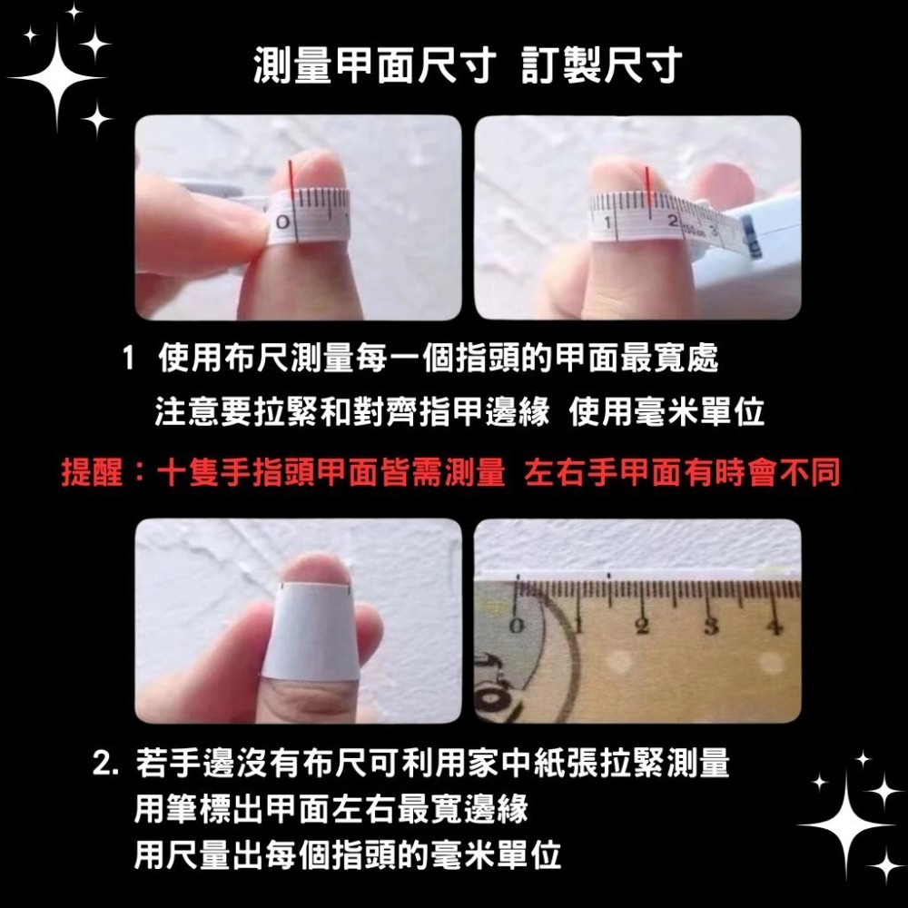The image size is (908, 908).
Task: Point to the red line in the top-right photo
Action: tap(646, 185)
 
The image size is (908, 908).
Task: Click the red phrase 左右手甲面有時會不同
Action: tap(683, 473)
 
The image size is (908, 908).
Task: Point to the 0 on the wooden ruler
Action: tap(517, 626)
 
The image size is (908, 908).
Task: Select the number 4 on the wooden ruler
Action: tap(774, 626)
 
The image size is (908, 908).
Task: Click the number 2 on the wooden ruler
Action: tap(646, 626)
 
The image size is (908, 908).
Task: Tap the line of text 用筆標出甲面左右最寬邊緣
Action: tap(331, 808)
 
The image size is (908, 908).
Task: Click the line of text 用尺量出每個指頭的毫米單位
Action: tap(347, 855)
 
